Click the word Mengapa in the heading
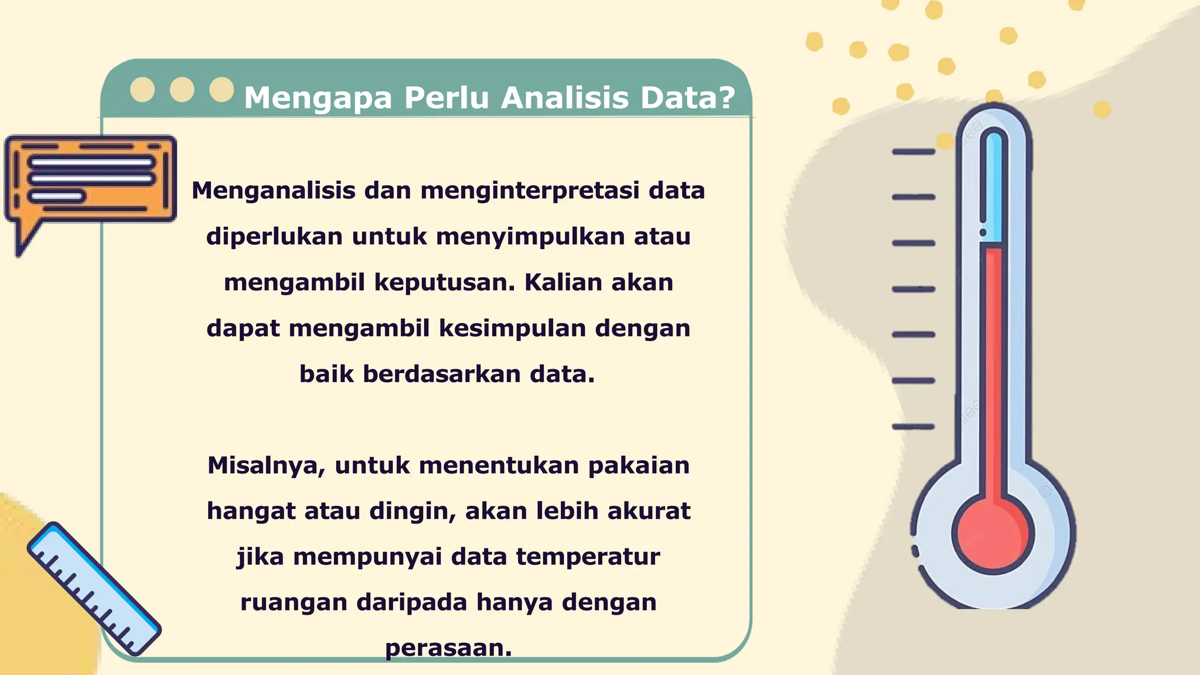pyautogui.click(x=318, y=98)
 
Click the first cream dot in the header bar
pyautogui.click(x=142, y=90)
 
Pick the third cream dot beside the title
pyautogui.click(x=221, y=90)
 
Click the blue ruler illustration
pyautogui.click(x=94, y=589)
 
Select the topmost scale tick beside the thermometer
pyautogui.click(x=913, y=152)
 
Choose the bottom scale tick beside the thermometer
pyautogui.click(x=913, y=427)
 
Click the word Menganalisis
pyautogui.click(x=274, y=191)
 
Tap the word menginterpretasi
pyautogui.click(x=530, y=191)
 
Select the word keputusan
pyautogui.click(x=444, y=282)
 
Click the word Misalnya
pyautogui.click(x=266, y=466)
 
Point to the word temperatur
pyautogui.click(x=588, y=557)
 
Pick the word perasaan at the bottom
pyautogui.click(x=448, y=648)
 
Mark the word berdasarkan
pyautogui.click(x=442, y=374)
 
